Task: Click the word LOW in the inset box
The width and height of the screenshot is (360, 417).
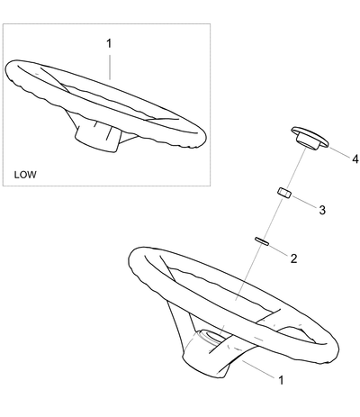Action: coord(25,175)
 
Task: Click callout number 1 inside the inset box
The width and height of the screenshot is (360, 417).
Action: coord(109,43)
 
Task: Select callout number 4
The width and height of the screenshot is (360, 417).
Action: coord(355,159)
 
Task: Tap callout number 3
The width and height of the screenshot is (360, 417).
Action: coord(322,210)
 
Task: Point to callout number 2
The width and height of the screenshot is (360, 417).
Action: coord(293,258)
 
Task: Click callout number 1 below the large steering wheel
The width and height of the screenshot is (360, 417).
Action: coord(281,380)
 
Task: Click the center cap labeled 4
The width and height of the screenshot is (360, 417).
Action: coord(310,139)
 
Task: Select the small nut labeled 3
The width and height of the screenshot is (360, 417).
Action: coord(284,193)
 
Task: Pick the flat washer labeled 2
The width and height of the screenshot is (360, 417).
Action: coord(262,241)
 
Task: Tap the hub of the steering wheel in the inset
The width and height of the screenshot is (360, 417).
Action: coord(97,138)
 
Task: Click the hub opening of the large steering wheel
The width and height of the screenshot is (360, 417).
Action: coord(212,336)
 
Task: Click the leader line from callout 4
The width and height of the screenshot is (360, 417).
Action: coord(339,152)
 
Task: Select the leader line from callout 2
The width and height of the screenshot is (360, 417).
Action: coord(277,250)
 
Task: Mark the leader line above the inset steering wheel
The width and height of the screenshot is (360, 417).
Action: coord(110,67)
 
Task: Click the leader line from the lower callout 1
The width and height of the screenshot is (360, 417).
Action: coord(259,368)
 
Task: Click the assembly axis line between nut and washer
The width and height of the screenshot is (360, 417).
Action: coord(272,218)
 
